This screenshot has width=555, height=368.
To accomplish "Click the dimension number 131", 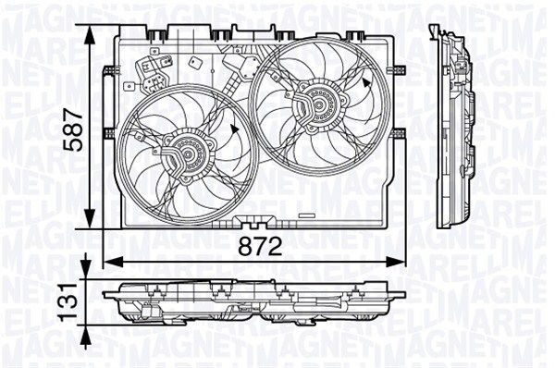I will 67,300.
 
